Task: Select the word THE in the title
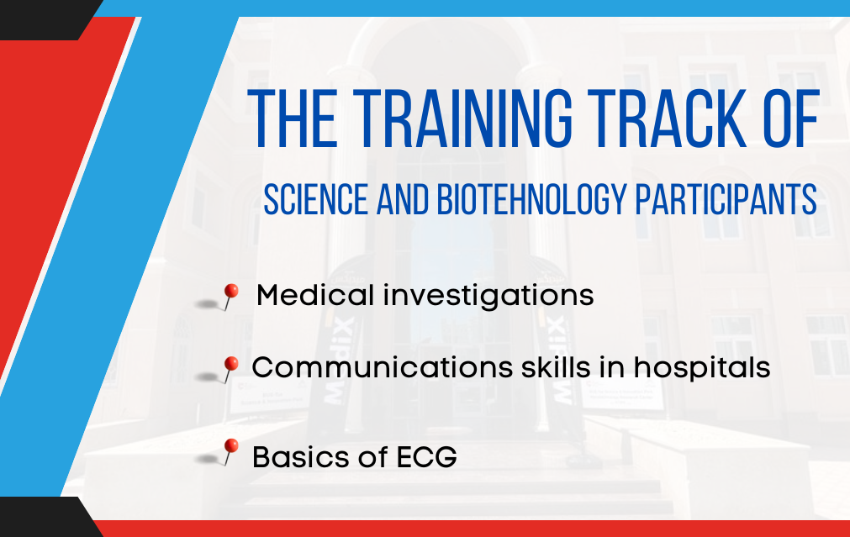coord(293,118)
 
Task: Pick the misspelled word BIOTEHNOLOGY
coord(532,199)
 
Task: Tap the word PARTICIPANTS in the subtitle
coord(726,199)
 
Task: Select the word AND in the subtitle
coord(402,199)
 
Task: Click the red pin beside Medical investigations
coord(230,297)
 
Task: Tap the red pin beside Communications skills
coord(230,369)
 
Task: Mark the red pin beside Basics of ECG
coord(230,451)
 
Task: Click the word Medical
coord(315,295)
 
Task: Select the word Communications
coord(382,367)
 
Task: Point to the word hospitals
coord(702,369)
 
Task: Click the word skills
coord(555,367)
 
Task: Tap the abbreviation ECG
coord(426,457)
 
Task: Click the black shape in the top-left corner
coord(46,19)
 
